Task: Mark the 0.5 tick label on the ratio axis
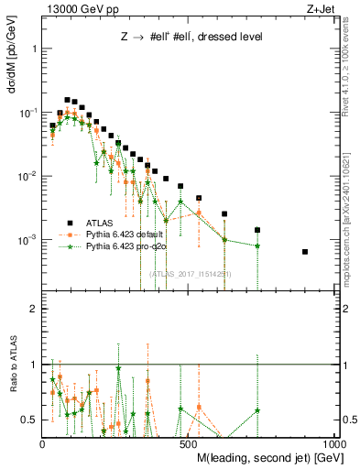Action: coord(28,420)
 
